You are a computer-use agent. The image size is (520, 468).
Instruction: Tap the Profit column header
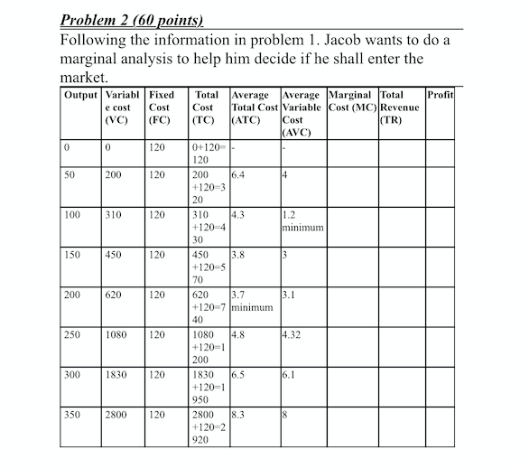(441, 95)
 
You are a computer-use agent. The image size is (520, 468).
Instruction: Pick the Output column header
(81, 95)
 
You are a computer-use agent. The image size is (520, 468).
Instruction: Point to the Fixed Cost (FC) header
(162, 107)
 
